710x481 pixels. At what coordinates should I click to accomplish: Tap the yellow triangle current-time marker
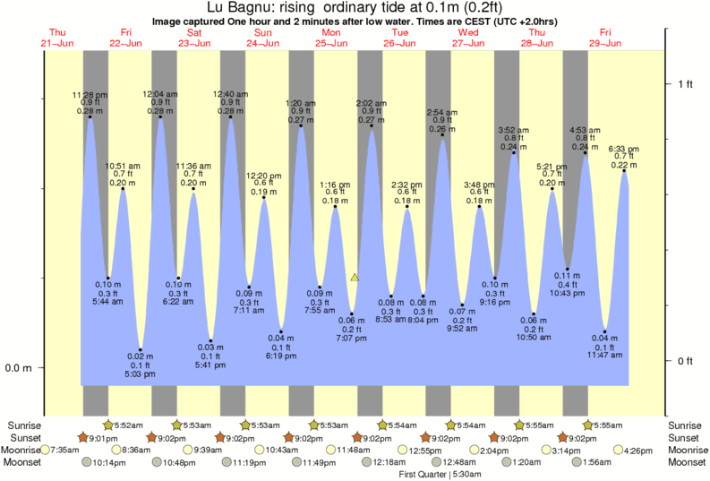click(355, 278)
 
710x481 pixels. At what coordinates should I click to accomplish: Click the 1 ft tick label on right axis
click(685, 84)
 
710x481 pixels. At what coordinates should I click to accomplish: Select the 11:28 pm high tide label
click(90, 94)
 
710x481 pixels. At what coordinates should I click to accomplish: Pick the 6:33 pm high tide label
click(623, 149)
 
